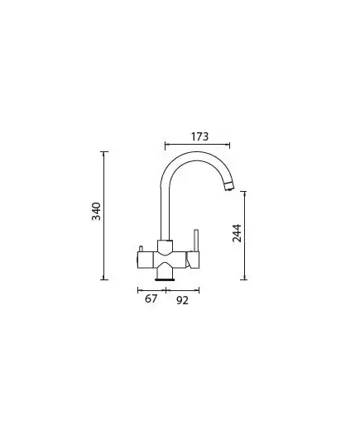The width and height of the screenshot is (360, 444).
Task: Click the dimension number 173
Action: (199, 136)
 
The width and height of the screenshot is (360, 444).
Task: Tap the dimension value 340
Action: (96, 211)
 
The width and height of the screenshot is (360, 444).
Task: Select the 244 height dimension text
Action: (237, 233)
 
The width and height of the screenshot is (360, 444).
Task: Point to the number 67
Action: (151, 298)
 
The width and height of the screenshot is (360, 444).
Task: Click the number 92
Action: (182, 300)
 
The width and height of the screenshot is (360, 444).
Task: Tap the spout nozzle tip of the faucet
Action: (228, 188)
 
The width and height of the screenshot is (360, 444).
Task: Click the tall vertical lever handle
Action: (196, 241)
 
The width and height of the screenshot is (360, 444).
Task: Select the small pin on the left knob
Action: (141, 249)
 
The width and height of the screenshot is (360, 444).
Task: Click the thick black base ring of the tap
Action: (165, 279)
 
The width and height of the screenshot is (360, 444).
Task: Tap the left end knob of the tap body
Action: (145, 260)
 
